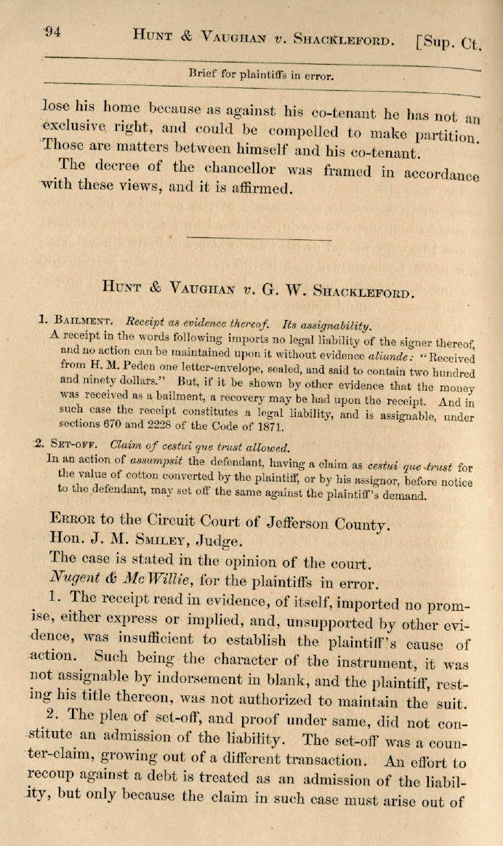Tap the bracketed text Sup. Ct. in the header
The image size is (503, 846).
pos(448,42)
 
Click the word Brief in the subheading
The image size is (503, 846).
pos(204,73)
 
